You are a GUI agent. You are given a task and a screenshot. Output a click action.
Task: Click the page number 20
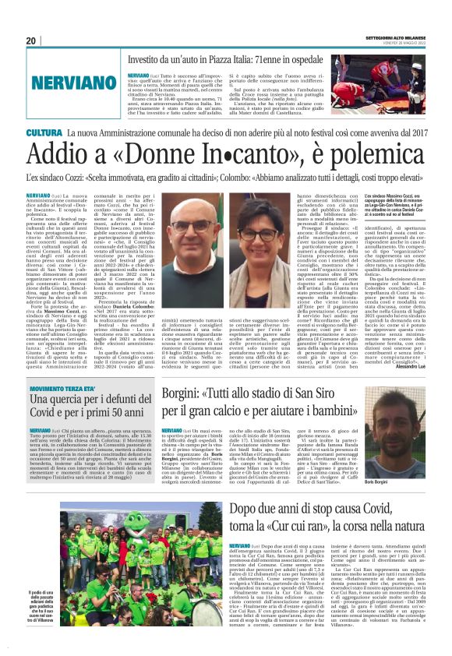click(x=31, y=41)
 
